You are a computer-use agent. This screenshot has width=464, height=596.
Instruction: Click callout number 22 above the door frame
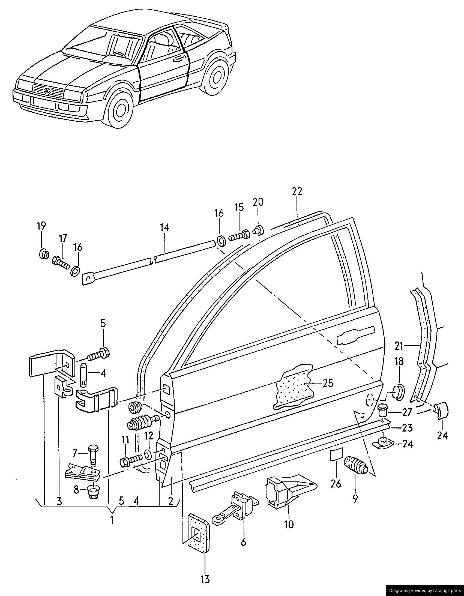click(297, 191)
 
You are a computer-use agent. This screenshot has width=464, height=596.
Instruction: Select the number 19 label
click(41, 226)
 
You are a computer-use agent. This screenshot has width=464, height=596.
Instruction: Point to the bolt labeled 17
click(61, 262)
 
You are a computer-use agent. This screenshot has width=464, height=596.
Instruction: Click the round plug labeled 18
click(398, 393)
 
